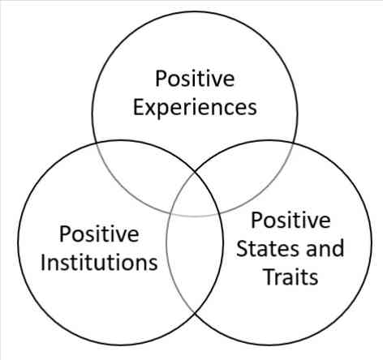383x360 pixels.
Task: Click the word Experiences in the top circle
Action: pyautogui.click(x=195, y=108)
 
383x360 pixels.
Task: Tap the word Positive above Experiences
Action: pyautogui.click(x=195, y=79)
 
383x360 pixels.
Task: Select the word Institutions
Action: pyautogui.click(x=99, y=263)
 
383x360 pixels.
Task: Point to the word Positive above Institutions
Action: pyautogui.click(x=99, y=234)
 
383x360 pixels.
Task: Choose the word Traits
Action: pyautogui.click(x=290, y=276)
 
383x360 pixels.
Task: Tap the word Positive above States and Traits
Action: pyautogui.click(x=290, y=221)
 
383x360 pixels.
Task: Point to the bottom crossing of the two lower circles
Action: pyautogui.click(x=195, y=314)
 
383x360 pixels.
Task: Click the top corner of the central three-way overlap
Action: pyautogui.click(x=195, y=172)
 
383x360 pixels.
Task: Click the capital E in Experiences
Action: pyautogui.click(x=138, y=107)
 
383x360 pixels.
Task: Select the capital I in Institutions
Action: pyautogui.click(x=43, y=263)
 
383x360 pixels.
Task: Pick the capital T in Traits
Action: pyautogui.click(x=269, y=276)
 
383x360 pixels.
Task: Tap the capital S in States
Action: pyautogui.click(x=242, y=248)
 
